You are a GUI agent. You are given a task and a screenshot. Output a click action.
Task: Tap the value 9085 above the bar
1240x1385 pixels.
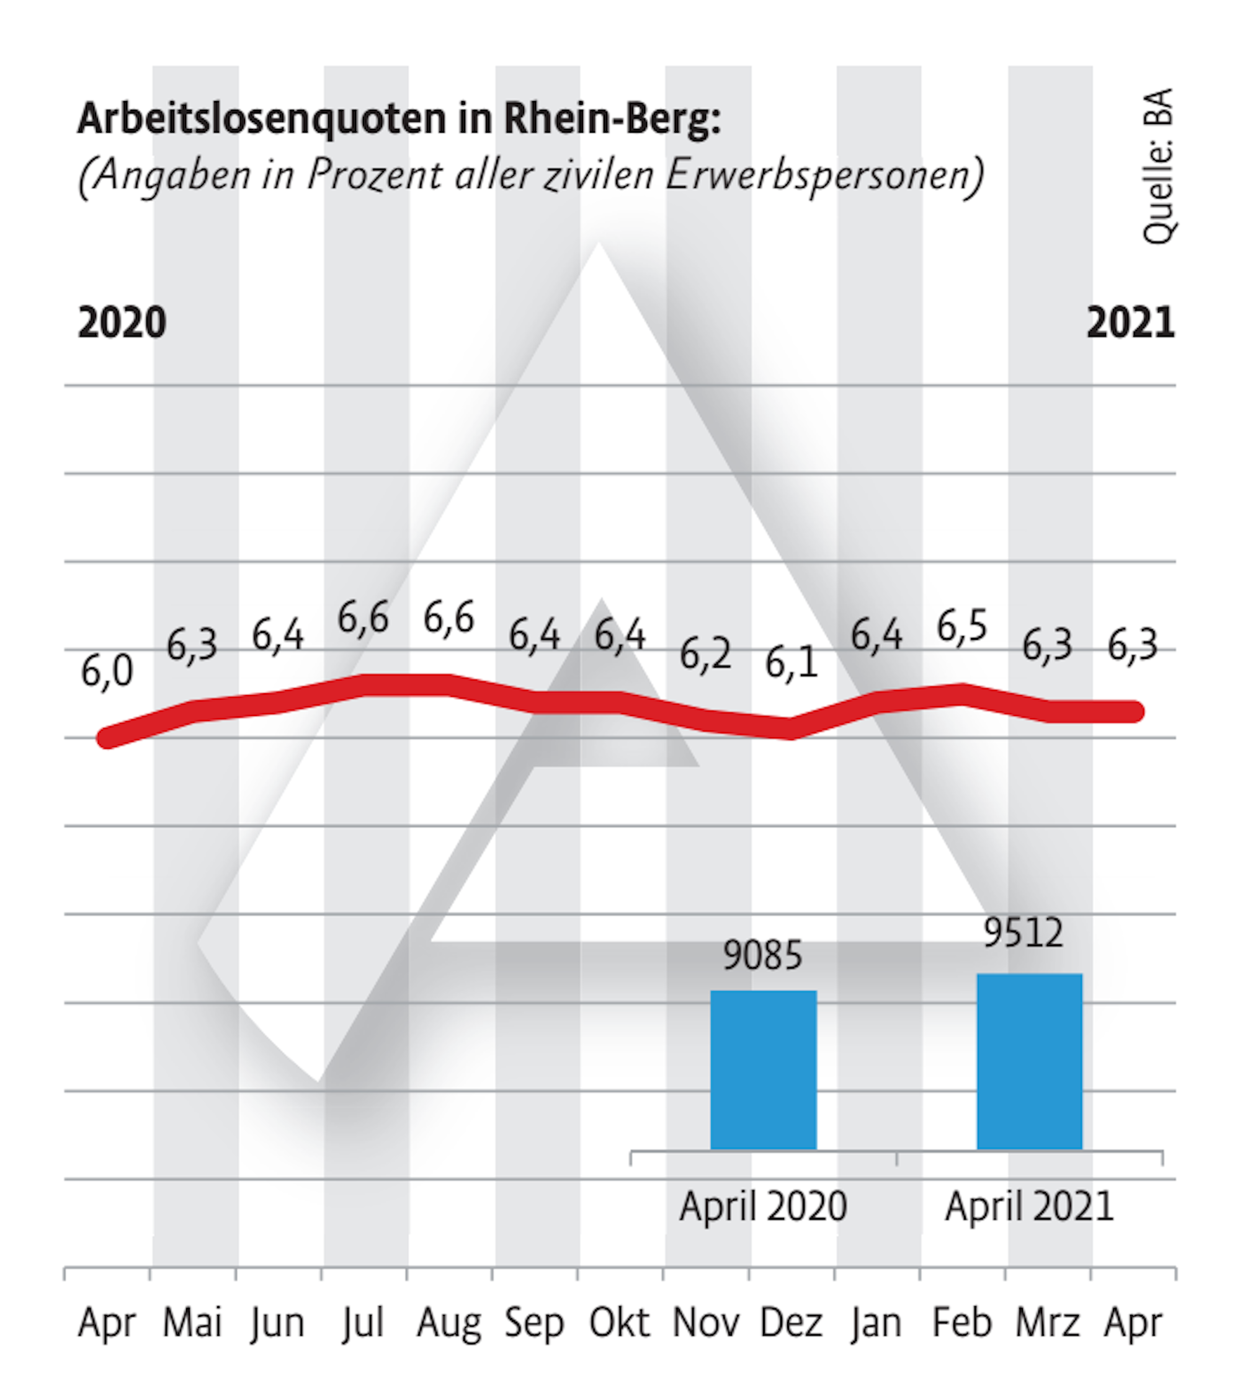[762, 955]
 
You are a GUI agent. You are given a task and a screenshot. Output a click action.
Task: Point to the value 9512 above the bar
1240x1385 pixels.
[1023, 933]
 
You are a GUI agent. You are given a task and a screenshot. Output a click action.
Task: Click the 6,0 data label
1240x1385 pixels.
[107, 671]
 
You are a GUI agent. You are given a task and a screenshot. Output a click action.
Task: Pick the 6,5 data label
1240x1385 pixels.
[961, 626]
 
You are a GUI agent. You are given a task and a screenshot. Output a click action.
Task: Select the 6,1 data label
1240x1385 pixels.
[791, 662]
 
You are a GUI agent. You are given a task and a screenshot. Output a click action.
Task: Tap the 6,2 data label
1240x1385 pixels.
[705, 654]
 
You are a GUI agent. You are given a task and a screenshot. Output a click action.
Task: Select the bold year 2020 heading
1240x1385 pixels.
[122, 323]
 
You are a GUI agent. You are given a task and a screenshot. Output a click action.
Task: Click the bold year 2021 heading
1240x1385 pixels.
[1130, 323]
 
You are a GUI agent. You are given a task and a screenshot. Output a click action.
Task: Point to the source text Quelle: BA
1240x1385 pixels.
[1157, 166]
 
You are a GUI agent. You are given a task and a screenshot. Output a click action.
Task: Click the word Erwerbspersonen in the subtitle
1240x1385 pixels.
[824, 175]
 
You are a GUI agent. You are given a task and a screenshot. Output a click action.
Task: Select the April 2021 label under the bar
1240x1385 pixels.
[1029, 1206]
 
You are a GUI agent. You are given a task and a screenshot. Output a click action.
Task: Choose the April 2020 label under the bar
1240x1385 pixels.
[763, 1206]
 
